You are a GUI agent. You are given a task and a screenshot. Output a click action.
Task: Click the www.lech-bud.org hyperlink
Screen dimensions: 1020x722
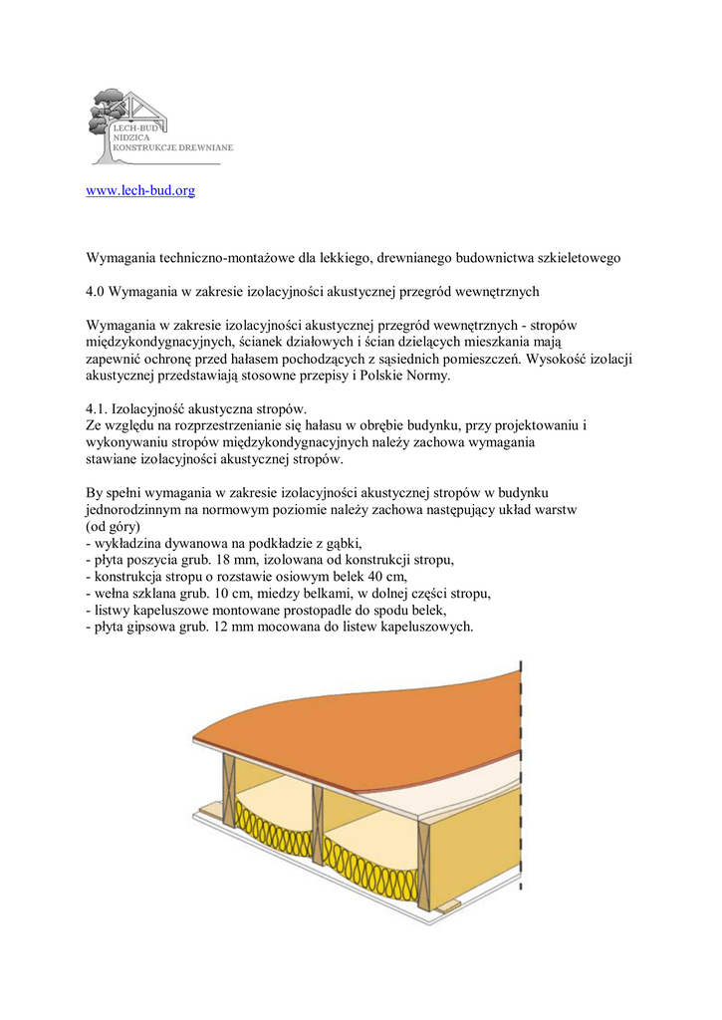click(140, 190)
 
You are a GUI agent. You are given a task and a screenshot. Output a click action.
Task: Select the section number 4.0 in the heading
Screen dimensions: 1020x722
click(96, 292)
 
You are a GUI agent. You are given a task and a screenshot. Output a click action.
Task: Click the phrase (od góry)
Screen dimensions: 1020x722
click(114, 526)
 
